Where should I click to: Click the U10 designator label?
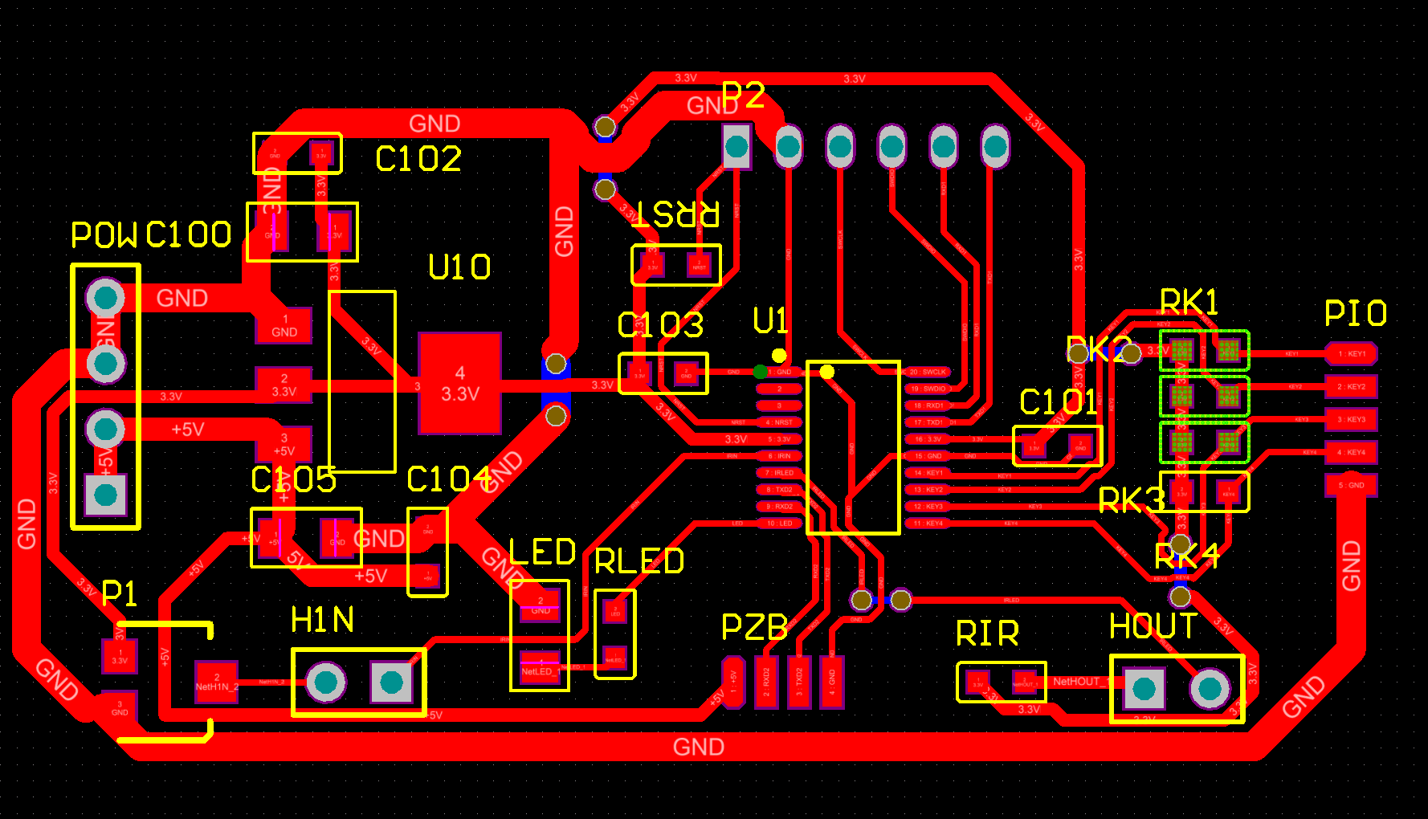tap(459, 267)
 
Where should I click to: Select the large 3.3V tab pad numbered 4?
tap(459, 384)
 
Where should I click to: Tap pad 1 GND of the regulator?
tap(284, 325)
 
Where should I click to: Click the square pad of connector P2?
tap(736, 147)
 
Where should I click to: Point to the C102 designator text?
tap(418, 159)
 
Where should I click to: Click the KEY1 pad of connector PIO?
tap(1351, 353)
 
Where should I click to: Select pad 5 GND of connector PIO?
tap(1351, 485)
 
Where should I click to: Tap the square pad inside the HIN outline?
tap(391, 682)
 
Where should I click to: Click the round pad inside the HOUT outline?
tap(1210, 688)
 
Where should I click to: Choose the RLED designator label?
tap(639, 561)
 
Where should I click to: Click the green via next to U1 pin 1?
tap(760, 372)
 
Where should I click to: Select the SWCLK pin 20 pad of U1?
tap(929, 372)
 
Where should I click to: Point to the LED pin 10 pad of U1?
tap(778, 524)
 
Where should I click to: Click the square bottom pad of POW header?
tap(105, 495)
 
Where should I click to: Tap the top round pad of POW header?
tap(105, 298)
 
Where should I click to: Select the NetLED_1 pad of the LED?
tap(540, 668)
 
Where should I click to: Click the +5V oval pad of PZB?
tap(732, 682)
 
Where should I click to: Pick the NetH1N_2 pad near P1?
tap(216, 682)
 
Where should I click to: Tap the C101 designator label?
tap(1058, 402)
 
